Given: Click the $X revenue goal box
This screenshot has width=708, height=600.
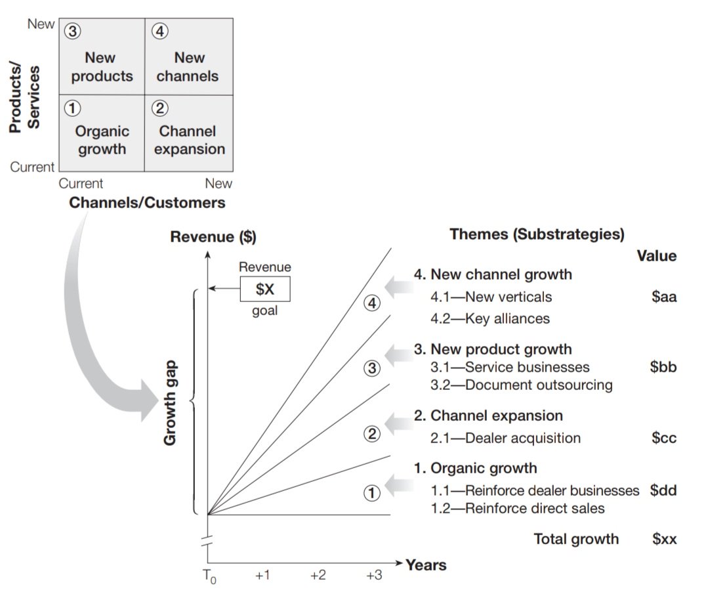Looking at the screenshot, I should click(x=264, y=289).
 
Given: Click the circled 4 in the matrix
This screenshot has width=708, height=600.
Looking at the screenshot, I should click(x=159, y=31).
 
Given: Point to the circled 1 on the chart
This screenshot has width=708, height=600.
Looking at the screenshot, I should click(x=372, y=492).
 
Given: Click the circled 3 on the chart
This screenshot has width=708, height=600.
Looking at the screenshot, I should click(x=372, y=368).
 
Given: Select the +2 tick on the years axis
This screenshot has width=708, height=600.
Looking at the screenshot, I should click(x=318, y=576).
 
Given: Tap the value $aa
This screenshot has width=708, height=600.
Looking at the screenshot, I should click(x=663, y=297).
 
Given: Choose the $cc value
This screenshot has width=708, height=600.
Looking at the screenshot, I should click(x=663, y=438).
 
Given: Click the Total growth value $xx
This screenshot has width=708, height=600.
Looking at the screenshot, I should click(x=663, y=540).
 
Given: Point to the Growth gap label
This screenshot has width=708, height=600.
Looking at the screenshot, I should click(x=171, y=402).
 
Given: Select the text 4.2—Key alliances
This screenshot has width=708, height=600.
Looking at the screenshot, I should click(x=489, y=319).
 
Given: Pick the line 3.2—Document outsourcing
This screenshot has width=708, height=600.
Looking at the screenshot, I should click(x=521, y=385).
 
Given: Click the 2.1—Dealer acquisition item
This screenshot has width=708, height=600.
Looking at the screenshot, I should click(x=505, y=438).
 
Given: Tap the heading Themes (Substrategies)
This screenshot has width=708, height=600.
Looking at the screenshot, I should click(x=537, y=234).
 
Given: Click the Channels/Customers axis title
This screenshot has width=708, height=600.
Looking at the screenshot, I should click(x=147, y=203).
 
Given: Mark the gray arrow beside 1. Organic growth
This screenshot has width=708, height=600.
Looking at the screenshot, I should click(x=398, y=486).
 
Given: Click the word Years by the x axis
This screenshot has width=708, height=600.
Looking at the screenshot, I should click(x=426, y=565).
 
